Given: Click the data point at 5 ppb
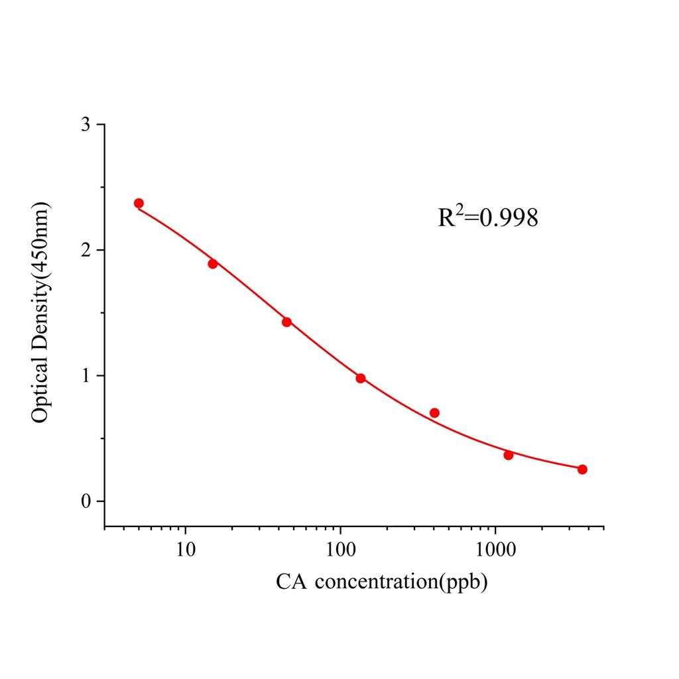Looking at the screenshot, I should pos(139,204).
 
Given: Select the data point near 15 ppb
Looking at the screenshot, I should pos(213,263).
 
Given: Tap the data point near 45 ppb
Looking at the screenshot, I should pos(286,322).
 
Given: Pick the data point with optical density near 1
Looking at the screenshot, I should pos(361,378).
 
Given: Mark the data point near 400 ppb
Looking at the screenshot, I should pos(434,412).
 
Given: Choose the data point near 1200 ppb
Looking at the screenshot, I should pos(509,455).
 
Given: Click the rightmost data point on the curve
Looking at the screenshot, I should pos(582,469).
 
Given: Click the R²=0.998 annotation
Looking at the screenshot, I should pos(487,217).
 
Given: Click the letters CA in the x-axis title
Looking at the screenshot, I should pos(291,582).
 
